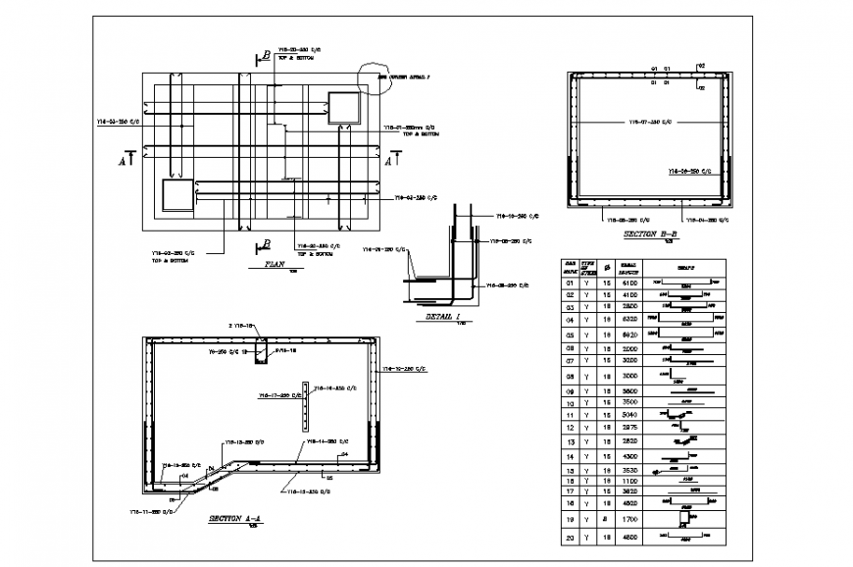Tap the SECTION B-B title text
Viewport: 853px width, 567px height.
point(650,236)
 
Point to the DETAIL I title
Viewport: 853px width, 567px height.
point(442,317)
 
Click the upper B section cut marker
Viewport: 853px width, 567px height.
point(265,57)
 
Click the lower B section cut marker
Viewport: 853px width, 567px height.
point(264,244)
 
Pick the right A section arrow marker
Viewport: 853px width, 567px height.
point(392,158)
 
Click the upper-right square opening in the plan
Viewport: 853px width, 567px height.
point(344,108)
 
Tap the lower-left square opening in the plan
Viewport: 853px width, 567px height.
point(178,194)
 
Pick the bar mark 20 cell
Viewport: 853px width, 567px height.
point(569,537)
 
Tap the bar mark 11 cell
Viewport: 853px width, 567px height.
point(569,414)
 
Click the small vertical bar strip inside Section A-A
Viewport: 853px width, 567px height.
point(305,405)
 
